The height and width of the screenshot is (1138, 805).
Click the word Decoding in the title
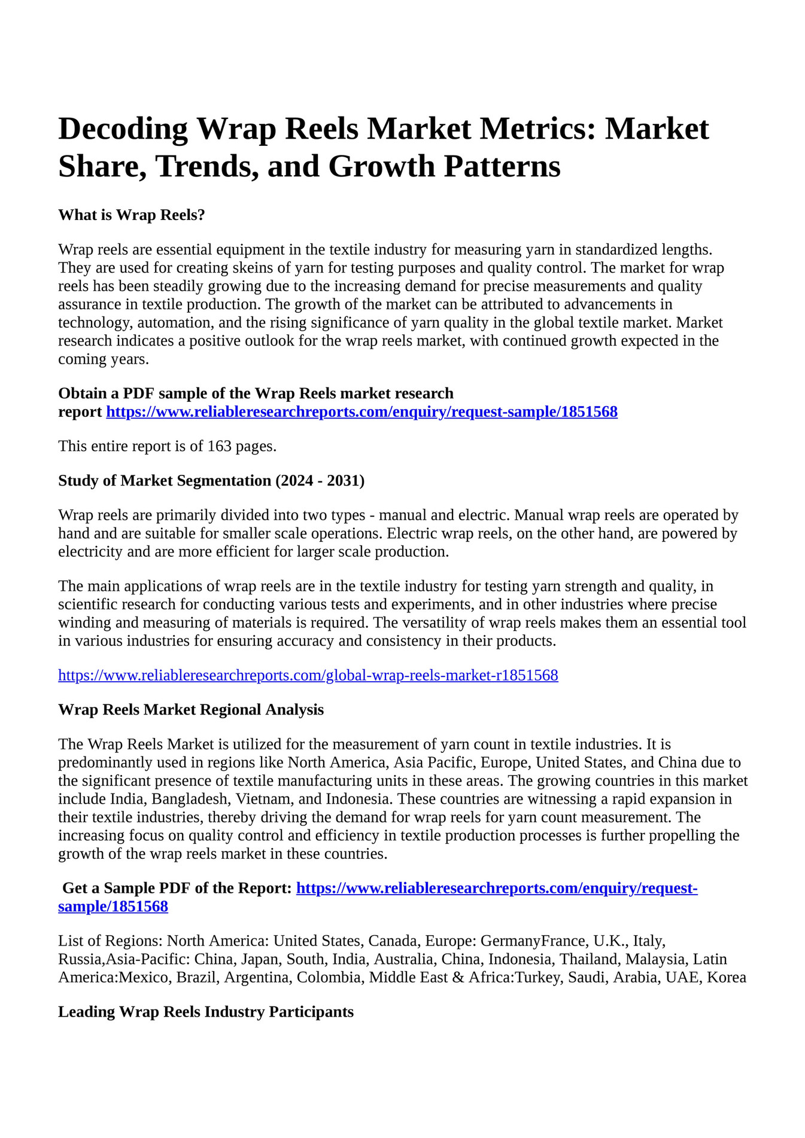[123, 129]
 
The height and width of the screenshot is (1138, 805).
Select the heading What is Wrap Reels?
[132, 215]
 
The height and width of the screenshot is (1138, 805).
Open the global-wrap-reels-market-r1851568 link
[308, 676]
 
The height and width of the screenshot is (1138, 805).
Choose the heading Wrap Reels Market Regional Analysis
[191, 710]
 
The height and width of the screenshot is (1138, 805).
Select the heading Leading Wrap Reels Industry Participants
[206, 1012]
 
